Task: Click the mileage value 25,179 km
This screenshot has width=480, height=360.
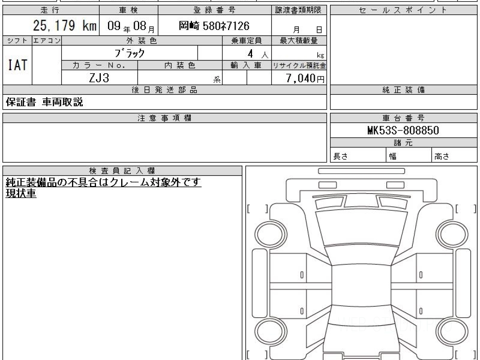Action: pos(65,25)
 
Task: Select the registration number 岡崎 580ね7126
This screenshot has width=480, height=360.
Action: pos(214,26)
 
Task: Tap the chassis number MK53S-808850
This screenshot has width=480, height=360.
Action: pos(403,130)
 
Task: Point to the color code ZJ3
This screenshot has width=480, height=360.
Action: pos(99,78)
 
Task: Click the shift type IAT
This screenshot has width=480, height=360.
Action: pos(18,65)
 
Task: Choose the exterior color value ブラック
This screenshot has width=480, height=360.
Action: pos(130,53)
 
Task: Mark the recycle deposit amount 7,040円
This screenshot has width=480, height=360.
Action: pos(305,78)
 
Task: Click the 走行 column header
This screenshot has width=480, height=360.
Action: pos(50,10)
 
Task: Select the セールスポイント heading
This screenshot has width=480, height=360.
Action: pos(403,10)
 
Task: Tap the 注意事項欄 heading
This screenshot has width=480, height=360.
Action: pos(164,118)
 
